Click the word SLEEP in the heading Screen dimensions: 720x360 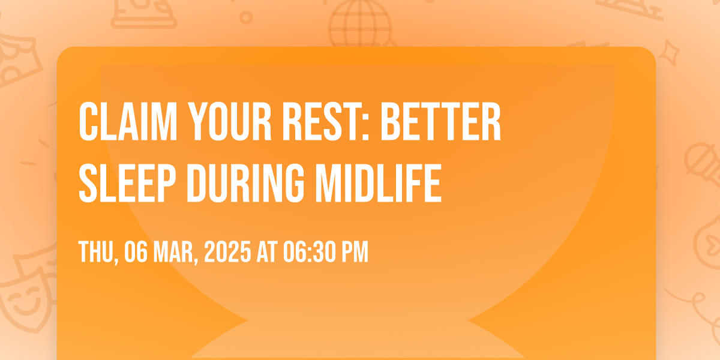pos(127,183)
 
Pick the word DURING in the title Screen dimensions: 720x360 pos(245,183)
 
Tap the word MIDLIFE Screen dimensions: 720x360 pos(379,183)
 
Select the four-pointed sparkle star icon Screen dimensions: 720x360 pos(669,53)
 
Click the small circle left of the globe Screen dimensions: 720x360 pos(246,17)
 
